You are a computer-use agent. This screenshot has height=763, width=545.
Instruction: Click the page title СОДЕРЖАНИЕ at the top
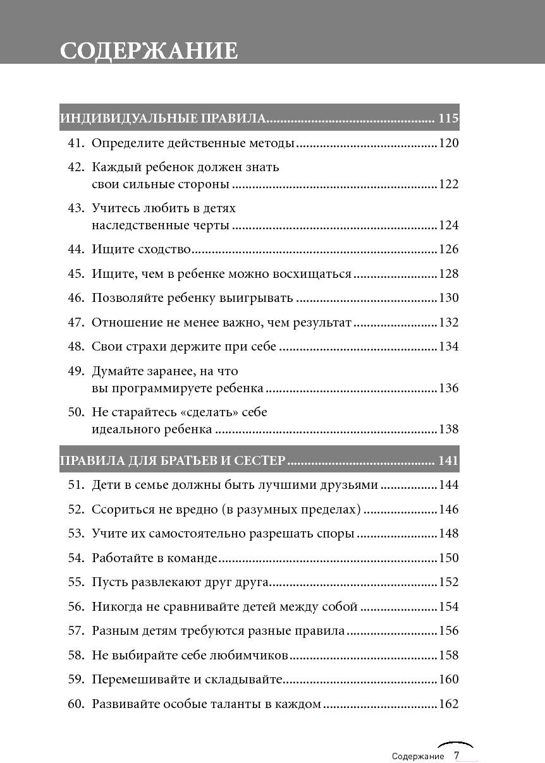point(149,51)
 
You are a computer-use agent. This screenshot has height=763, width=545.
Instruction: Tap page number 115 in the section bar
point(448,118)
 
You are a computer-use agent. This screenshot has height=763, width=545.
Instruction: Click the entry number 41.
point(76,143)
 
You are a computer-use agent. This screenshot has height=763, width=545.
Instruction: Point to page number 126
point(448,249)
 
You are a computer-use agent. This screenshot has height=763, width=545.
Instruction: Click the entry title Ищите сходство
point(141,249)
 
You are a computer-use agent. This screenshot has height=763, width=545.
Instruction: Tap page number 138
point(448,430)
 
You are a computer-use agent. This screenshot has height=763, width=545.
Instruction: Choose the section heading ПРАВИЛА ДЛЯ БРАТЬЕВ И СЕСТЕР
point(173,461)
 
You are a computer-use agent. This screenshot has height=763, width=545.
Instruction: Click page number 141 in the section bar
point(448,461)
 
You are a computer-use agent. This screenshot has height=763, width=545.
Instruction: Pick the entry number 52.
point(76,510)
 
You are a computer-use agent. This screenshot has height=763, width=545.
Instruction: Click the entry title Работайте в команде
point(154,558)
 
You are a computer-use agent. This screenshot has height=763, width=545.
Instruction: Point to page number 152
point(448,582)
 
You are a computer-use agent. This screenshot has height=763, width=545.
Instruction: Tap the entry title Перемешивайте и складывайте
point(187,680)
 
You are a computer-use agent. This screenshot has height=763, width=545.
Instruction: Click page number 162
point(448,704)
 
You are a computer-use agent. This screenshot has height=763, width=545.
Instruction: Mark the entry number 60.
point(76,704)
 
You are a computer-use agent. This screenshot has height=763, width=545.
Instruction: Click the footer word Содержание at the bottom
point(418,756)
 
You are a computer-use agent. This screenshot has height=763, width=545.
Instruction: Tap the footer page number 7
point(456,755)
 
